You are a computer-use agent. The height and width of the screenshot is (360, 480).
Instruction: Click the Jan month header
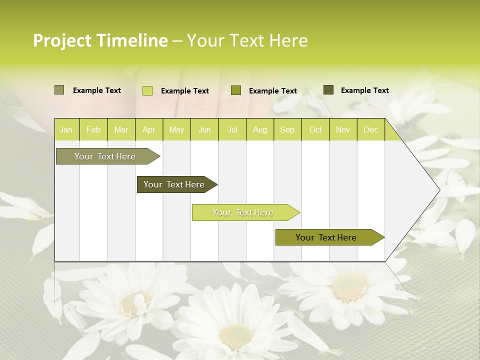[66, 129]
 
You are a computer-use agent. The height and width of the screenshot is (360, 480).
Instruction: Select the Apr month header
[149, 129]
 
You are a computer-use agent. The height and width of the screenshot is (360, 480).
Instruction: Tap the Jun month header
[204, 129]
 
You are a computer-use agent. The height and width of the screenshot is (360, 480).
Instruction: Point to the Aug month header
[260, 129]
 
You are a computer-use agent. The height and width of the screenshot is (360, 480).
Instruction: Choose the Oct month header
[315, 129]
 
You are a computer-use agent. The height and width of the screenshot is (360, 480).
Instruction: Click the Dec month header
[371, 129]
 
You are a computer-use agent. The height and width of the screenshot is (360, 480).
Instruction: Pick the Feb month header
[93, 129]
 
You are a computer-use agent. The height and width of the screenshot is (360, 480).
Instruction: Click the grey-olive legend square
[59, 90]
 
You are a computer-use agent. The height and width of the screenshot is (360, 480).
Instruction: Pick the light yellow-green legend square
[147, 90]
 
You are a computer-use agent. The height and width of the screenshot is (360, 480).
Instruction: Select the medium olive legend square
[236, 90]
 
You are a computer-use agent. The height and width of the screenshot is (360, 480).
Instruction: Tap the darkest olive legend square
[328, 90]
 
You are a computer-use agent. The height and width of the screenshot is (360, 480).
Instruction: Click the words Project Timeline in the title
[100, 40]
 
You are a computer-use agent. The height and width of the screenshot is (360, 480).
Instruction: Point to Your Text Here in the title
[247, 40]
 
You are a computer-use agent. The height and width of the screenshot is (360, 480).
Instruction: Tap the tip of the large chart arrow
[439, 190]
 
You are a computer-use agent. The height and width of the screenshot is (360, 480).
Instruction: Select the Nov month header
[343, 129]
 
